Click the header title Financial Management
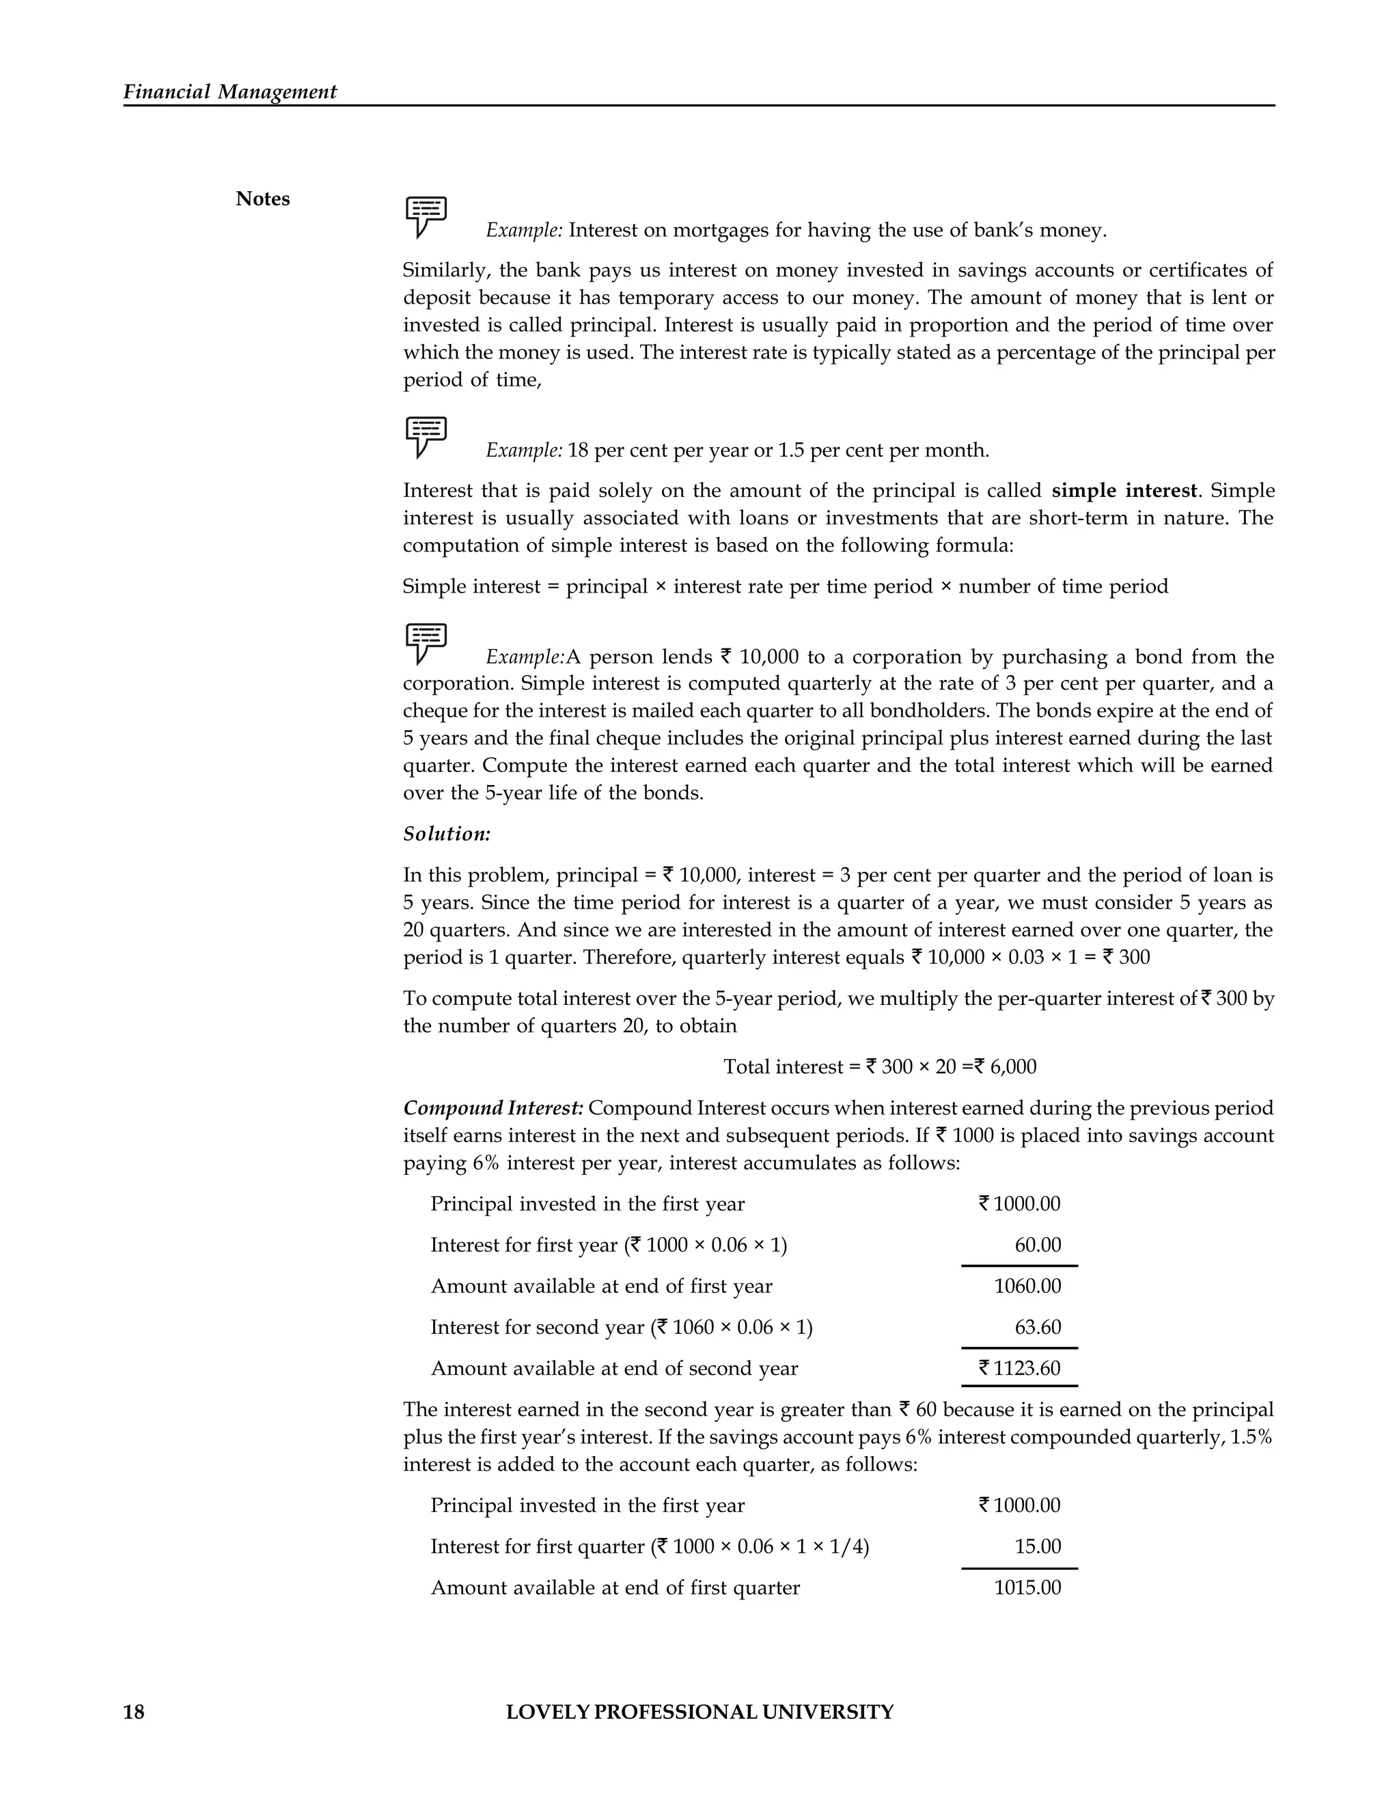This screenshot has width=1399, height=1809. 230,92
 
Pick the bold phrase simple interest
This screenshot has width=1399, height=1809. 1124,490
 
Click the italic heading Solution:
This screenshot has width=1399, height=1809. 447,834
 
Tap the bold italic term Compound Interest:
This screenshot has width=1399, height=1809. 493,1108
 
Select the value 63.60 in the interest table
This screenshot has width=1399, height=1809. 1038,1328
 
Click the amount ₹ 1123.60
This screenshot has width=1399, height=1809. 1019,1368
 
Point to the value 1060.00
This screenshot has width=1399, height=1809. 1027,1286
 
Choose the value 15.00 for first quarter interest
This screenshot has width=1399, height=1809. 1038,1546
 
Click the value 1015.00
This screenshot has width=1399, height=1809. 1027,1588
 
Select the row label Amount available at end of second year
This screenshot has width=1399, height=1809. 613,1368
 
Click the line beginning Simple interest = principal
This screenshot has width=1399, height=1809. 785,586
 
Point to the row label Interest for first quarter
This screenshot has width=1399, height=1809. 537,1546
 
